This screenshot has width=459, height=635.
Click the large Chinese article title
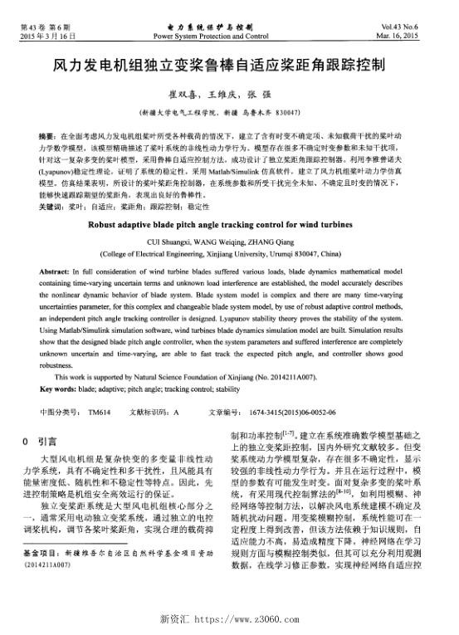(x=229, y=64)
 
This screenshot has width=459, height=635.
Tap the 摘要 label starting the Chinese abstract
(x=47, y=133)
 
